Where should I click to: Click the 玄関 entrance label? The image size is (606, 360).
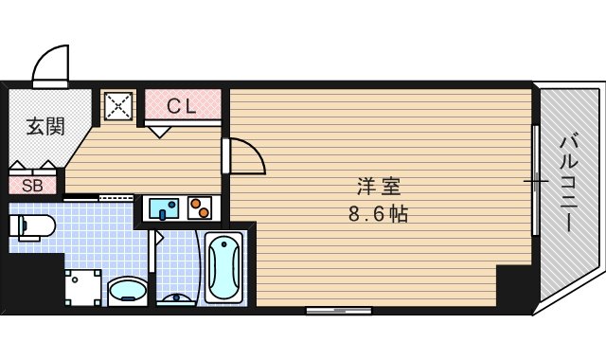tap(38, 125)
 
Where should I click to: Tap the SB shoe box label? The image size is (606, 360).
tap(31, 185)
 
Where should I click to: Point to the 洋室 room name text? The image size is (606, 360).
tap(372, 187)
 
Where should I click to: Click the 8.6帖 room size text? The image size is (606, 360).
tap(378, 214)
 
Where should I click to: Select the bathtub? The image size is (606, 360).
tap(224, 267)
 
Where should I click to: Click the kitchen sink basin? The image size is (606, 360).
tap(159, 207)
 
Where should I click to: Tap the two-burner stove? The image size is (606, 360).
tap(200, 207)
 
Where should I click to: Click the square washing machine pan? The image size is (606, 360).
tap(82, 287)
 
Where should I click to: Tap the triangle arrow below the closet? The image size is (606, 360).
tap(159, 132)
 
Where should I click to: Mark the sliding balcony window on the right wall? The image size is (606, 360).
tap(537, 180)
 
